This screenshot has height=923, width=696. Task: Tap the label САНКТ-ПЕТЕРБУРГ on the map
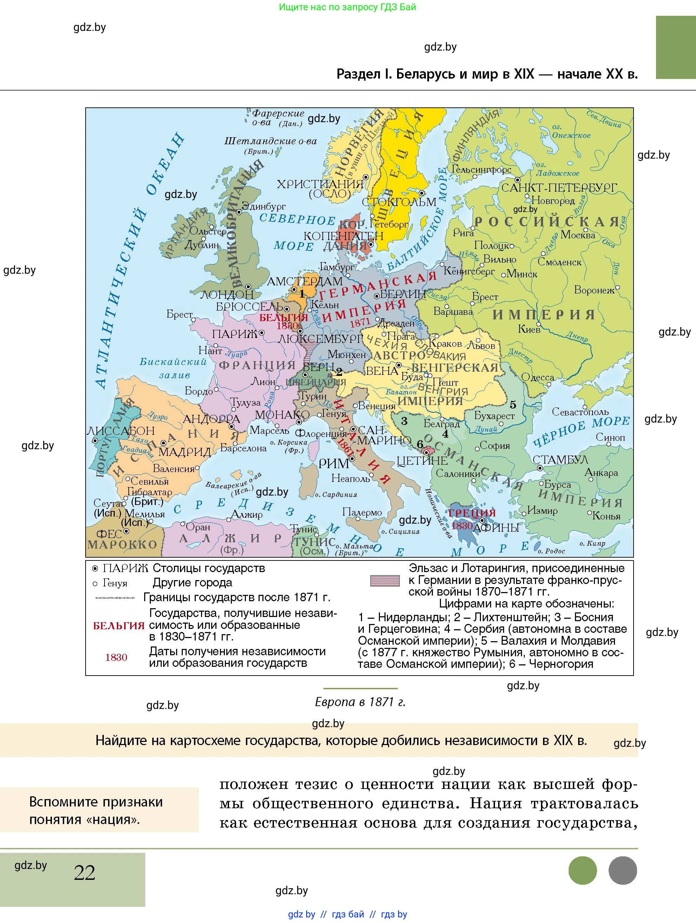tap(559, 188)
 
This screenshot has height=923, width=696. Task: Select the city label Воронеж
tap(594, 290)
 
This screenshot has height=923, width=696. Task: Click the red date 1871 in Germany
tap(360, 323)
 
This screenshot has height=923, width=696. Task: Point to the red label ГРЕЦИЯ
tap(472, 513)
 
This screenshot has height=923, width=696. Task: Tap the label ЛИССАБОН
tap(121, 431)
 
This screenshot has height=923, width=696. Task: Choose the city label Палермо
tap(362, 512)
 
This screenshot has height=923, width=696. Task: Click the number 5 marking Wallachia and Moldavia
tap(513, 404)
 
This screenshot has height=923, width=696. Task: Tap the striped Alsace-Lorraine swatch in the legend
tap(384, 580)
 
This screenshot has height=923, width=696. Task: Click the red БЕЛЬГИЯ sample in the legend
tap(119, 625)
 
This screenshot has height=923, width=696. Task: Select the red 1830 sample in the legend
tap(116, 657)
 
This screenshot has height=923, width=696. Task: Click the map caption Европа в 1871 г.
tap(360, 702)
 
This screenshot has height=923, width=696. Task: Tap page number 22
tap(84, 872)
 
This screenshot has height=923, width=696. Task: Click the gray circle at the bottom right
tap(622, 870)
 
